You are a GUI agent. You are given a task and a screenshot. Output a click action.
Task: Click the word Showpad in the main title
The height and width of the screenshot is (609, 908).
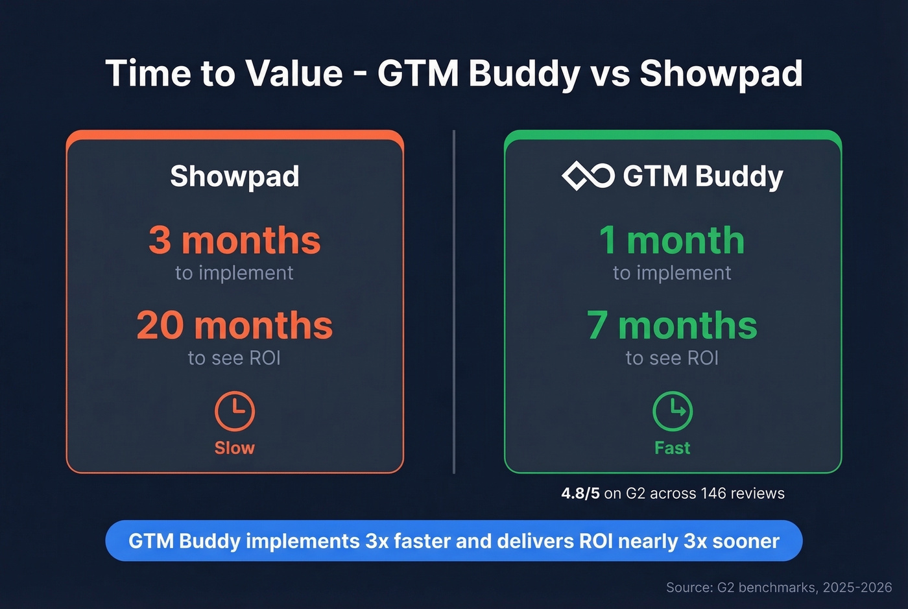(x=721, y=73)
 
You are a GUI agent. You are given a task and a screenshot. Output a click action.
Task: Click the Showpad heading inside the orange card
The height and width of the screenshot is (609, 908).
(x=235, y=176)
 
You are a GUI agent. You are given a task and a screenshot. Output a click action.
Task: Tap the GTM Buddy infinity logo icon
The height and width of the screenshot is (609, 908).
(x=588, y=176)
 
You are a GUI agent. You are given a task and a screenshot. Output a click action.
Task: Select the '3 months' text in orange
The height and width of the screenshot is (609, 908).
(x=235, y=241)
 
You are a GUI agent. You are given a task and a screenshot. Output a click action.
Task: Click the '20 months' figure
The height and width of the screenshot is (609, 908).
(x=235, y=326)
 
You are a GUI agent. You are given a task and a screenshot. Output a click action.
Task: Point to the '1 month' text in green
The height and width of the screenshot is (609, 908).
(x=672, y=241)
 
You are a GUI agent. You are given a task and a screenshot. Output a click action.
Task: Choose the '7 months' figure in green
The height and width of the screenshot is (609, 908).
(x=672, y=326)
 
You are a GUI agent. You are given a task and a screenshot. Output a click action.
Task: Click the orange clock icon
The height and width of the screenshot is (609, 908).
(x=235, y=411)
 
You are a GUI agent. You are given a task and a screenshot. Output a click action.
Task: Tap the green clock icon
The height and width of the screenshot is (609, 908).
(x=673, y=411)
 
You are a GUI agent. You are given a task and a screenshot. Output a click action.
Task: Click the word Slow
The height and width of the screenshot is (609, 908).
(x=235, y=448)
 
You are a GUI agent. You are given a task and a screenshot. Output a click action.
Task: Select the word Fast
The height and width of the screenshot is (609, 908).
(x=673, y=448)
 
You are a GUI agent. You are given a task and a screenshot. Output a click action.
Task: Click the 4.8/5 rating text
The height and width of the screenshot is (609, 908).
(x=580, y=494)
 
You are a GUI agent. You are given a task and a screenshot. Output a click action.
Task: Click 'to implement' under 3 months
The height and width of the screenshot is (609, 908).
(x=234, y=273)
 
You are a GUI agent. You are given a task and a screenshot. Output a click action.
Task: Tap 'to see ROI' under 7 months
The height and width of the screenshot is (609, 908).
(x=672, y=358)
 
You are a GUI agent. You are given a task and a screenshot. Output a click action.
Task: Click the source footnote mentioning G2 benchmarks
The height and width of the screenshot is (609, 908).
(x=779, y=588)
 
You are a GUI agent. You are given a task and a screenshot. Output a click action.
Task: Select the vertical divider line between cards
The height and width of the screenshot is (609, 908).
(x=454, y=302)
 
